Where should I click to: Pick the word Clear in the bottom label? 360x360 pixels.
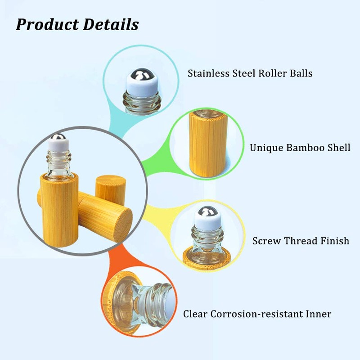click(196, 314)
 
